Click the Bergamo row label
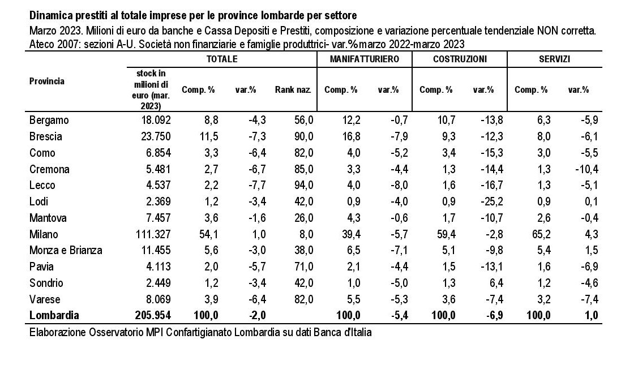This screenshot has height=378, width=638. click(x=49, y=121)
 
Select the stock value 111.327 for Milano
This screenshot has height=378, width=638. click(x=153, y=234)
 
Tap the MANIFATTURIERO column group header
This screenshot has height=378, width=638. click(x=364, y=59)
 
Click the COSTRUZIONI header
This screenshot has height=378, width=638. click(x=460, y=59)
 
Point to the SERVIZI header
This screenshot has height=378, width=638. click(x=555, y=59)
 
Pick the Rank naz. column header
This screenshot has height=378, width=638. click(x=293, y=89)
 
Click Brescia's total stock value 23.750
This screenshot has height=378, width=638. click(x=156, y=136)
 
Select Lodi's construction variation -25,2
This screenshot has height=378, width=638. click(x=491, y=201)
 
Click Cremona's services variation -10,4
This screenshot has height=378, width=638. click(x=586, y=169)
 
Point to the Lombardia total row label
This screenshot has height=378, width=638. click(x=54, y=315)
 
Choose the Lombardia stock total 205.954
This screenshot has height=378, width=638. click(x=153, y=315)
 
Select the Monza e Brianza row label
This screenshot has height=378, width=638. click(x=66, y=250)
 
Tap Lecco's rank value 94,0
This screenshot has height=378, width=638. click(x=304, y=185)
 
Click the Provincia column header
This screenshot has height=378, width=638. click(x=47, y=81)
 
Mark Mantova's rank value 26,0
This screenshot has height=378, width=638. click(x=304, y=218)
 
